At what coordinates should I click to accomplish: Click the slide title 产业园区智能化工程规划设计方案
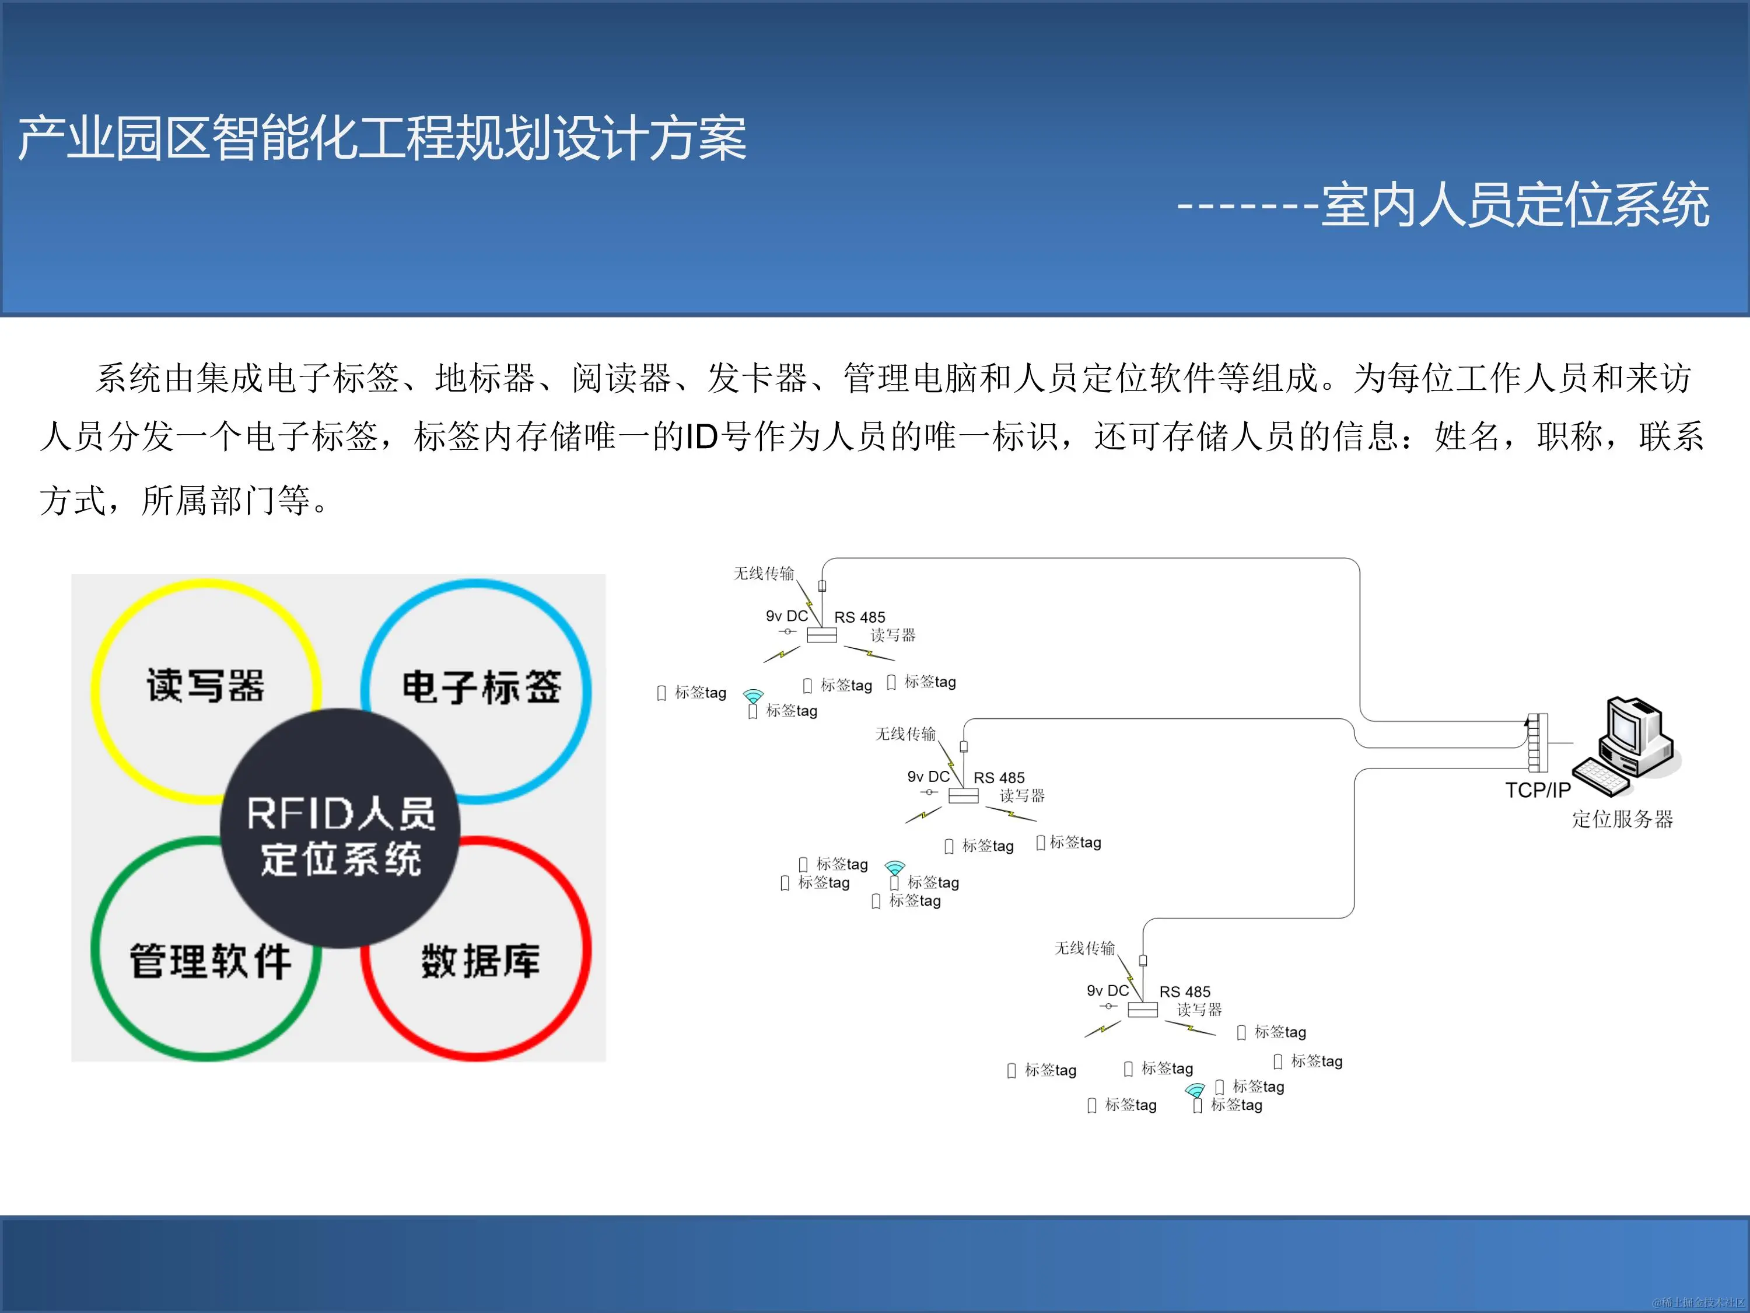(382, 138)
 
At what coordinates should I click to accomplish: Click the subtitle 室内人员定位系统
(1515, 205)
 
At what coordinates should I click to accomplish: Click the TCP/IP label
(1537, 790)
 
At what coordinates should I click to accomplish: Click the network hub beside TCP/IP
(1537, 742)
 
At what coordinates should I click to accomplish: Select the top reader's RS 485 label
(859, 617)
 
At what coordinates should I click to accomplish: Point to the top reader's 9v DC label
(786, 616)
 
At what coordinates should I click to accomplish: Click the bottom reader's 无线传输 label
(1084, 947)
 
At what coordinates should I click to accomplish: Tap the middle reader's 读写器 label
(1022, 795)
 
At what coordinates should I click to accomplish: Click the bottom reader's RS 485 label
(1184, 991)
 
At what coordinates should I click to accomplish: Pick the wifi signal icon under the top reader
(753, 696)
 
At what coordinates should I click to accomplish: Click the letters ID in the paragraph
(701, 437)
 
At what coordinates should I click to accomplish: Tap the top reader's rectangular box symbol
(821, 635)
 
